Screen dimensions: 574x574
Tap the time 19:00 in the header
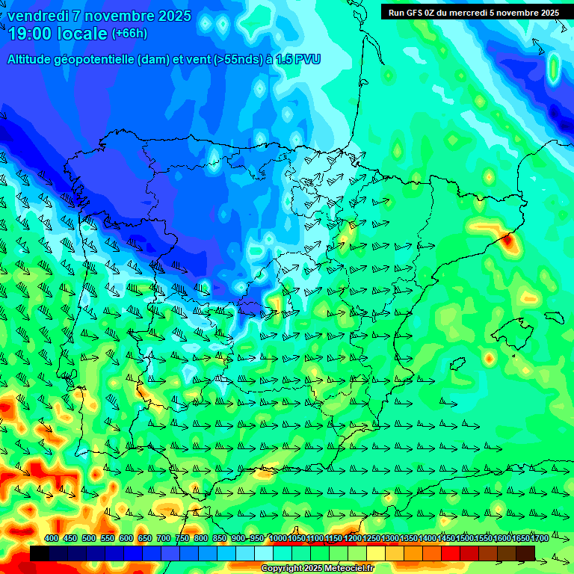(31, 34)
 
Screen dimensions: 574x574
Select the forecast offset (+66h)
(129, 34)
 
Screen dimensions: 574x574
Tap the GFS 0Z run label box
(473, 13)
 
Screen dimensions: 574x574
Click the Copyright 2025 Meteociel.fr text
(318, 569)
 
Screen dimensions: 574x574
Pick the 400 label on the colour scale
(52, 539)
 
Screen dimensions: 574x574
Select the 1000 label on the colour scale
(278, 539)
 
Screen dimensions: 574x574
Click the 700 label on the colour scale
(164, 539)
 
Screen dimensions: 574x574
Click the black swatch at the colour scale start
(40, 553)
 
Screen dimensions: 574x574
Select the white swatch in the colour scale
(264, 553)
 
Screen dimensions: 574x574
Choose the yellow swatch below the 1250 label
(376, 553)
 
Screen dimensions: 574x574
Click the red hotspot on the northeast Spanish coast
(509, 241)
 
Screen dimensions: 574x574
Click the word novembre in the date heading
(119, 16)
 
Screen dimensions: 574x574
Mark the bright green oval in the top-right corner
(553, 68)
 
